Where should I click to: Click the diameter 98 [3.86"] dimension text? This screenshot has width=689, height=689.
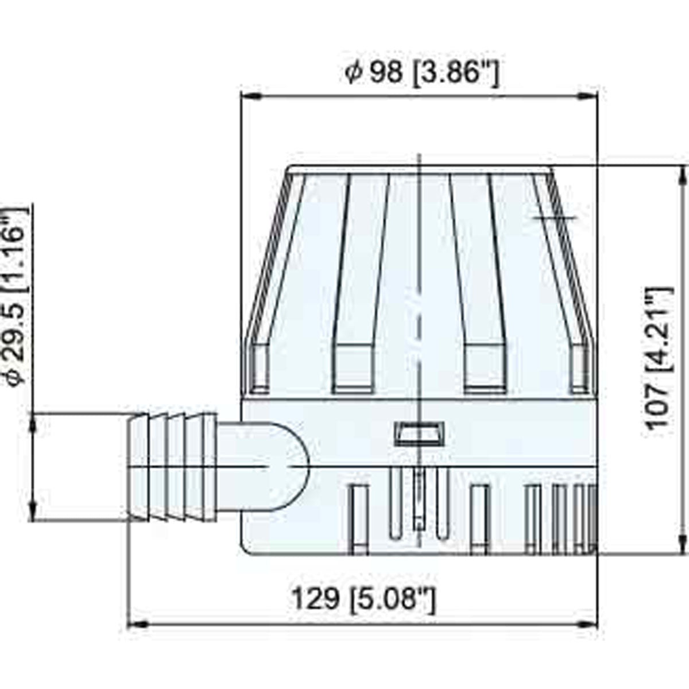tap(422, 73)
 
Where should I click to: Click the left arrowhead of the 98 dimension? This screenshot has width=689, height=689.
tap(248, 96)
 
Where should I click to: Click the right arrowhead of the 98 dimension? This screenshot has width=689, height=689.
tap(589, 96)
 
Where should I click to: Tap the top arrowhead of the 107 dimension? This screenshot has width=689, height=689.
tap(683, 173)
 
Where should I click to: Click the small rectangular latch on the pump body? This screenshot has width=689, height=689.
tap(419, 433)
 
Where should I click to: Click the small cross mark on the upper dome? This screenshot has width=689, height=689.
tap(554, 218)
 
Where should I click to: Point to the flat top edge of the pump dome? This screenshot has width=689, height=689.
tap(419, 169)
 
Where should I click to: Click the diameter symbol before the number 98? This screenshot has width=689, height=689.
tap(354, 73)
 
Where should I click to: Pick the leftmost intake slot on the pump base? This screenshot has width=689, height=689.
tap(359, 520)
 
